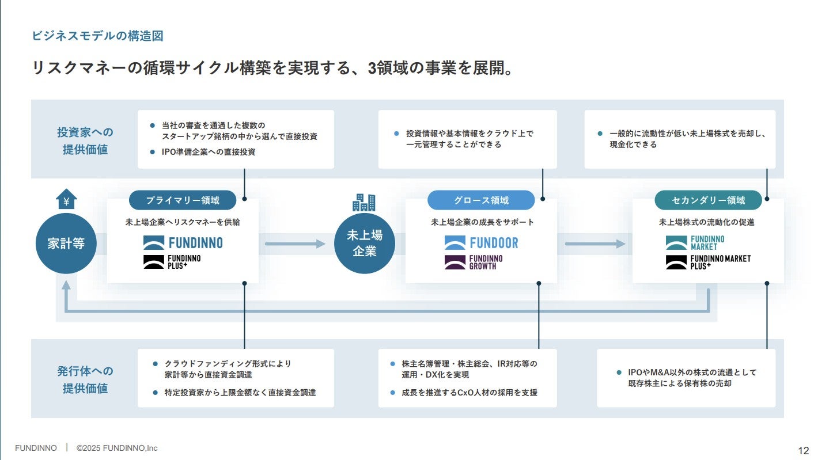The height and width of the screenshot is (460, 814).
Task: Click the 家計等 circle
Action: click(x=66, y=244)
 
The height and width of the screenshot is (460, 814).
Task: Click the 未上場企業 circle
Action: click(x=364, y=244)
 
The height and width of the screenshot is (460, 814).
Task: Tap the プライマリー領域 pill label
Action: click(x=183, y=200)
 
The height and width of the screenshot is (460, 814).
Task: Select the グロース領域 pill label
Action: click(x=481, y=200)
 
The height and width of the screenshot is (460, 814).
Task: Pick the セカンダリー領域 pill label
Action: click(x=708, y=200)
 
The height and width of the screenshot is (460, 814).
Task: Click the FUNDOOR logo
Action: click(x=482, y=243)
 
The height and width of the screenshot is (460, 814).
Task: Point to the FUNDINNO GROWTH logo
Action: click(x=474, y=263)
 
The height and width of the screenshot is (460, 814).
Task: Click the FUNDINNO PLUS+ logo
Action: click(x=172, y=263)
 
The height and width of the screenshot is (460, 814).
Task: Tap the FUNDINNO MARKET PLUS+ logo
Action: click(x=708, y=263)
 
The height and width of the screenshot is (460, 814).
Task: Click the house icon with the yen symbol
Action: click(x=66, y=199)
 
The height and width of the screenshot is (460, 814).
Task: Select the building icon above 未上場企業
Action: click(x=364, y=202)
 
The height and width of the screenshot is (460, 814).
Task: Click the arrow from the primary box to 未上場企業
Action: click(x=295, y=244)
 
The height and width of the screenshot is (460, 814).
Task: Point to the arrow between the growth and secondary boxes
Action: click(x=595, y=244)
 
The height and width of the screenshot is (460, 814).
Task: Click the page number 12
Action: click(x=804, y=450)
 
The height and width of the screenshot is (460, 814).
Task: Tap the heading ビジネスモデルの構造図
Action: click(x=97, y=36)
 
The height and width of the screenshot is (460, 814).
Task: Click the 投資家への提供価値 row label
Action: click(x=85, y=140)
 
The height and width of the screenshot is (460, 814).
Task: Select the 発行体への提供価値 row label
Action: click(x=85, y=379)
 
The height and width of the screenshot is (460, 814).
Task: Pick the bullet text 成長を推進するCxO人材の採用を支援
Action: click(x=470, y=393)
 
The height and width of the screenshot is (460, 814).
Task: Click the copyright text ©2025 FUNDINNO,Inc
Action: click(x=117, y=448)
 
